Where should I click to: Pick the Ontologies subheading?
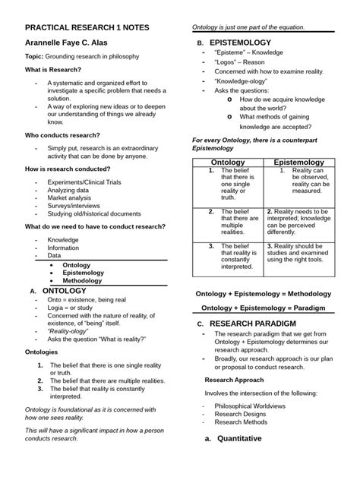(46, 352)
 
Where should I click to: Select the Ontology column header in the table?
(226, 163)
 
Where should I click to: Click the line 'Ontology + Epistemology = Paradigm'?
(263, 308)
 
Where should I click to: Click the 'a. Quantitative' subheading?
(234, 439)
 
